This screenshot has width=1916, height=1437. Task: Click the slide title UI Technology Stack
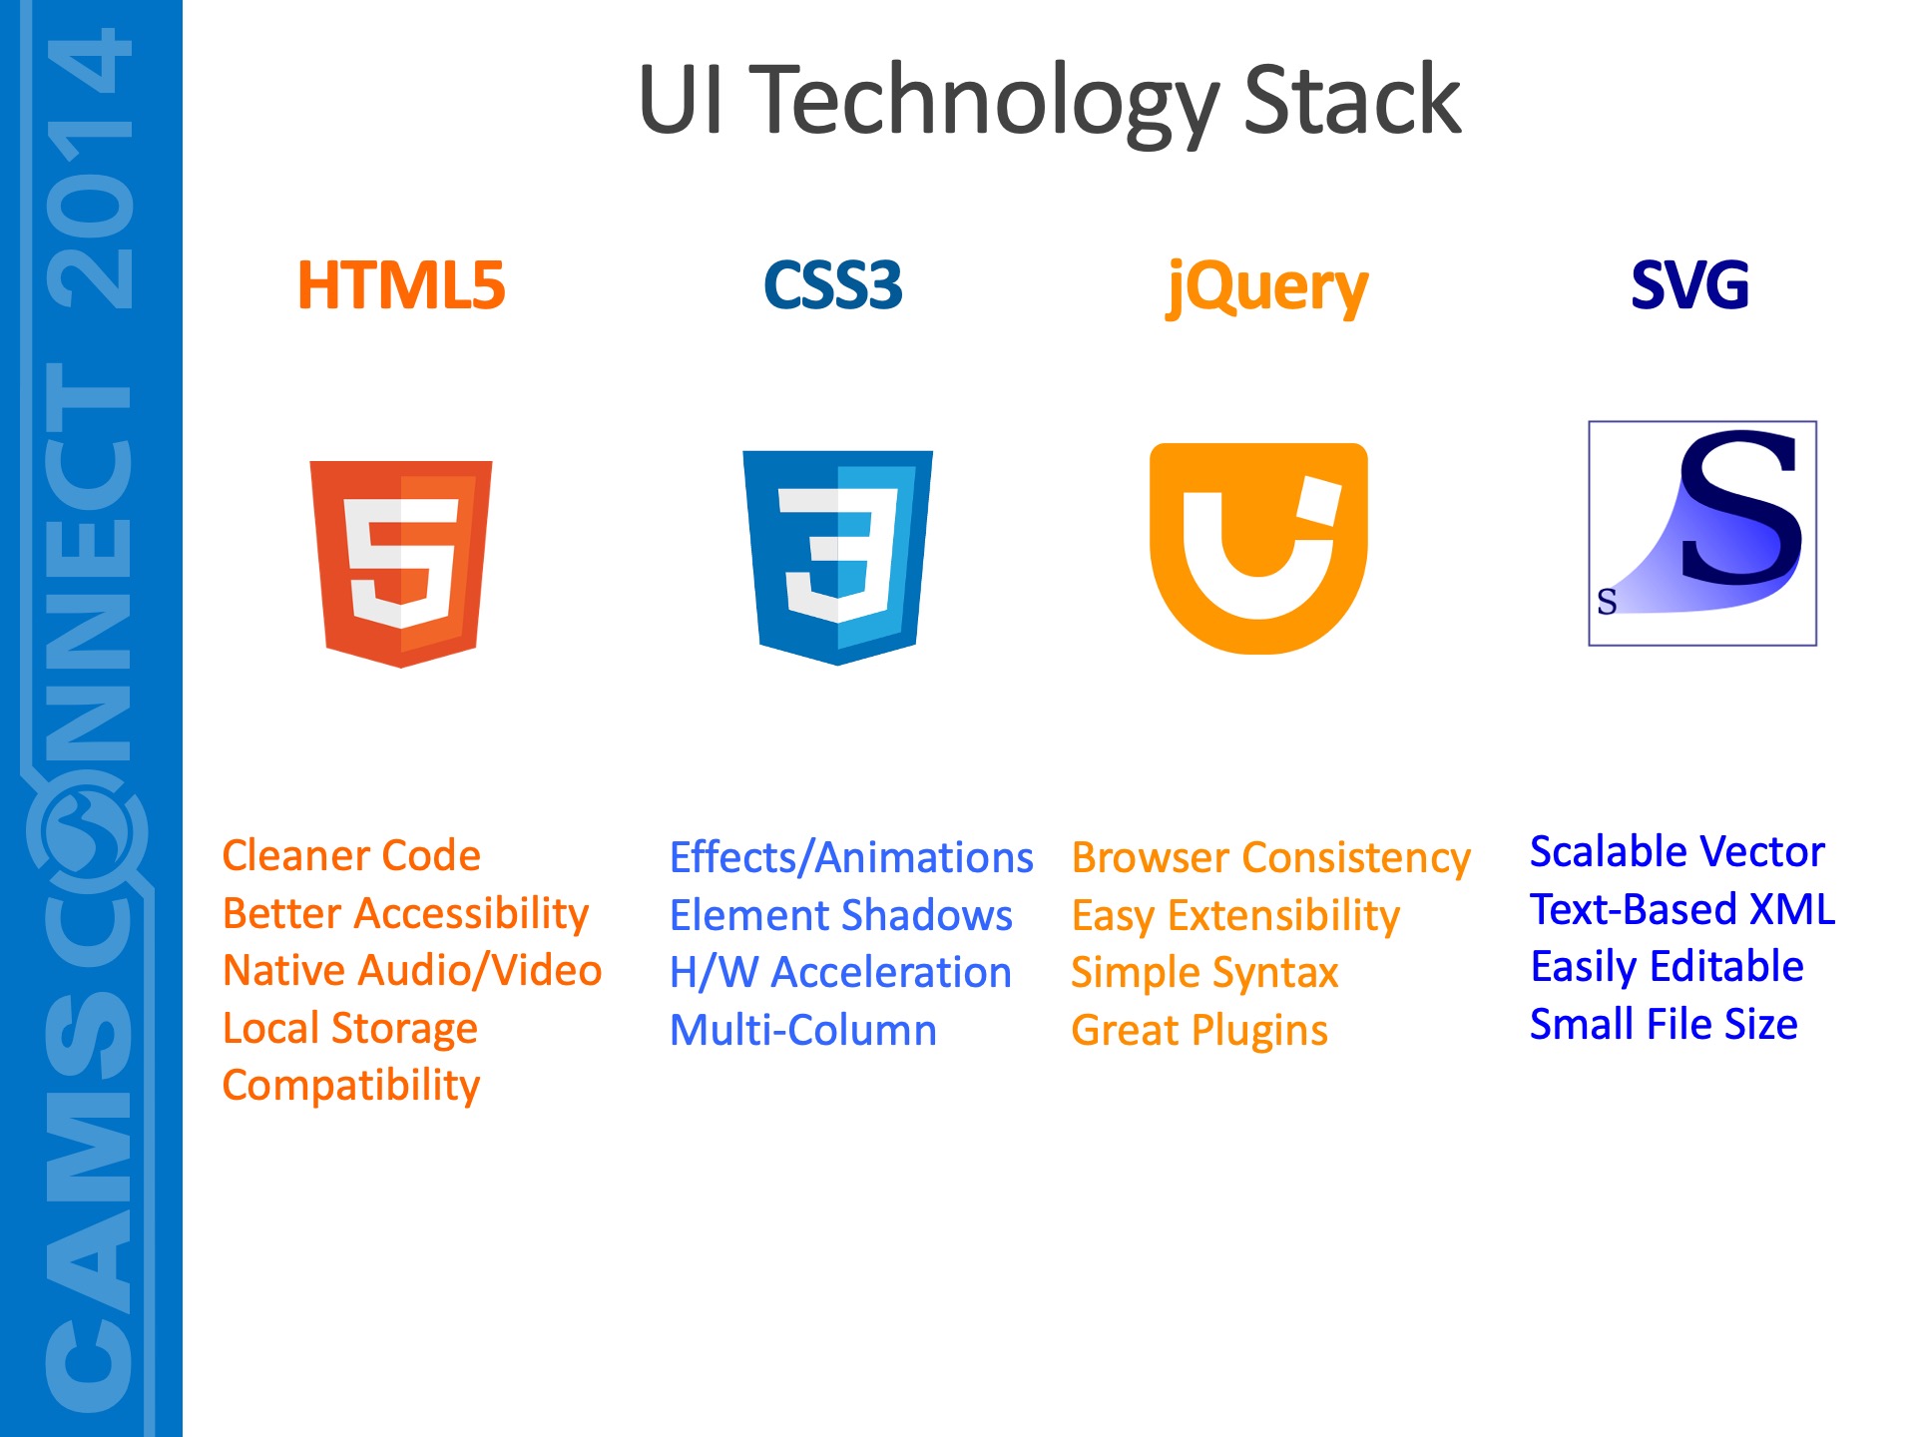[1049, 102]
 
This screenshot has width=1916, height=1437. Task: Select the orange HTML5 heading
[401, 285]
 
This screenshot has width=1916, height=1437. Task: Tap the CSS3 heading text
[833, 285]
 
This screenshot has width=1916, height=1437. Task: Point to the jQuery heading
[1267, 288]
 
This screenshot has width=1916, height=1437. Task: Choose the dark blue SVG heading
[1690, 285]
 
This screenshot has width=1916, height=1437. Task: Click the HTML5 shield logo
[401, 564]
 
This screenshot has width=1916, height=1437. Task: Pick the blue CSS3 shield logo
[837, 557]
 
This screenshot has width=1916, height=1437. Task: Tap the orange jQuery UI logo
[1258, 548]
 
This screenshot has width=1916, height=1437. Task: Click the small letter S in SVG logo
[1607, 602]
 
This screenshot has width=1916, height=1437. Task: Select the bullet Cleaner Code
[351, 856]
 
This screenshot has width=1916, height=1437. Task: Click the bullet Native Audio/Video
[412, 971]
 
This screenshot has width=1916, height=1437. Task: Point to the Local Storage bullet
[350, 1030]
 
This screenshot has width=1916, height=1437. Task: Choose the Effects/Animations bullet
[851, 858]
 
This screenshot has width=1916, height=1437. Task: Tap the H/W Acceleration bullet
[840, 973]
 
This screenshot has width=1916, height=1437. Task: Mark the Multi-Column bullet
[803, 1030]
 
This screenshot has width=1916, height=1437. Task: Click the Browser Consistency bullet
[1271, 859]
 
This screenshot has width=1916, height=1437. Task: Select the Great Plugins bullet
[1199, 1032]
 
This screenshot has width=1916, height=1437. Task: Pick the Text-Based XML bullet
[1682, 909]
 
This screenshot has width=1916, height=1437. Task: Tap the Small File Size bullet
[1664, 1024]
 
